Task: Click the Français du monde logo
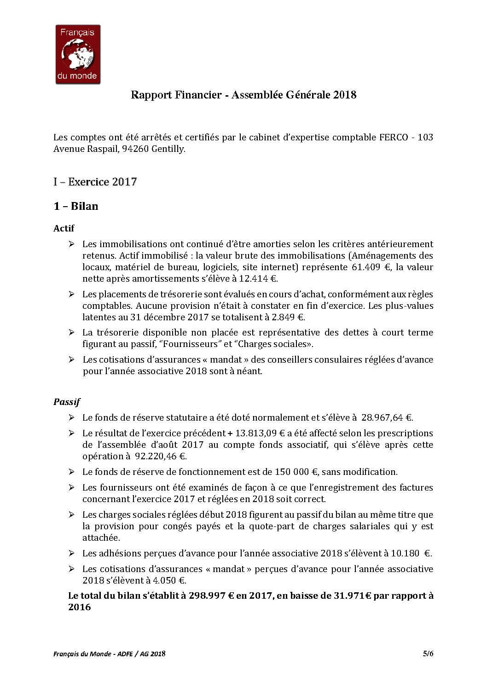pos(78,54)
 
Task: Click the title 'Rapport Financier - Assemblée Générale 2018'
pos(243,95)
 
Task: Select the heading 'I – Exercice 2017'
pos(95,182)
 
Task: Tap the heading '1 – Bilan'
pos(76,206)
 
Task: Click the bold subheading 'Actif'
pos(64,228)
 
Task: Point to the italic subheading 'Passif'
pos(67,402)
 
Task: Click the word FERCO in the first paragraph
pos(393,137)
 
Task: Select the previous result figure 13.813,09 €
pos(260,433)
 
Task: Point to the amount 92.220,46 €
pos(160,456)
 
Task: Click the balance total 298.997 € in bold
pos(211,595)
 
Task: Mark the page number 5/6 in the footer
pos(428,653)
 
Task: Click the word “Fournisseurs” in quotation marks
pos(188,344)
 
